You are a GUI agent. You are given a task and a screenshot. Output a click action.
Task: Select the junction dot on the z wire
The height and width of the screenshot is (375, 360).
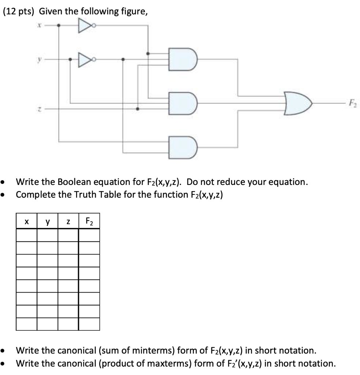click(138, 109)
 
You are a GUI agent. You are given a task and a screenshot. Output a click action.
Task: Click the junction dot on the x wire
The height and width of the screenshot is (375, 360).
click(60, 26)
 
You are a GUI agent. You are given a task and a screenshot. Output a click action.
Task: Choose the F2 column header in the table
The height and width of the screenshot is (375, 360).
click(89, 221)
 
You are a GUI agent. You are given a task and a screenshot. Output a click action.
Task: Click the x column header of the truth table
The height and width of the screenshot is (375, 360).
click(26, 222)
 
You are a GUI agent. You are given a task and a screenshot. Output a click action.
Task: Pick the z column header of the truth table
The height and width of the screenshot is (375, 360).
click(68, 222)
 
